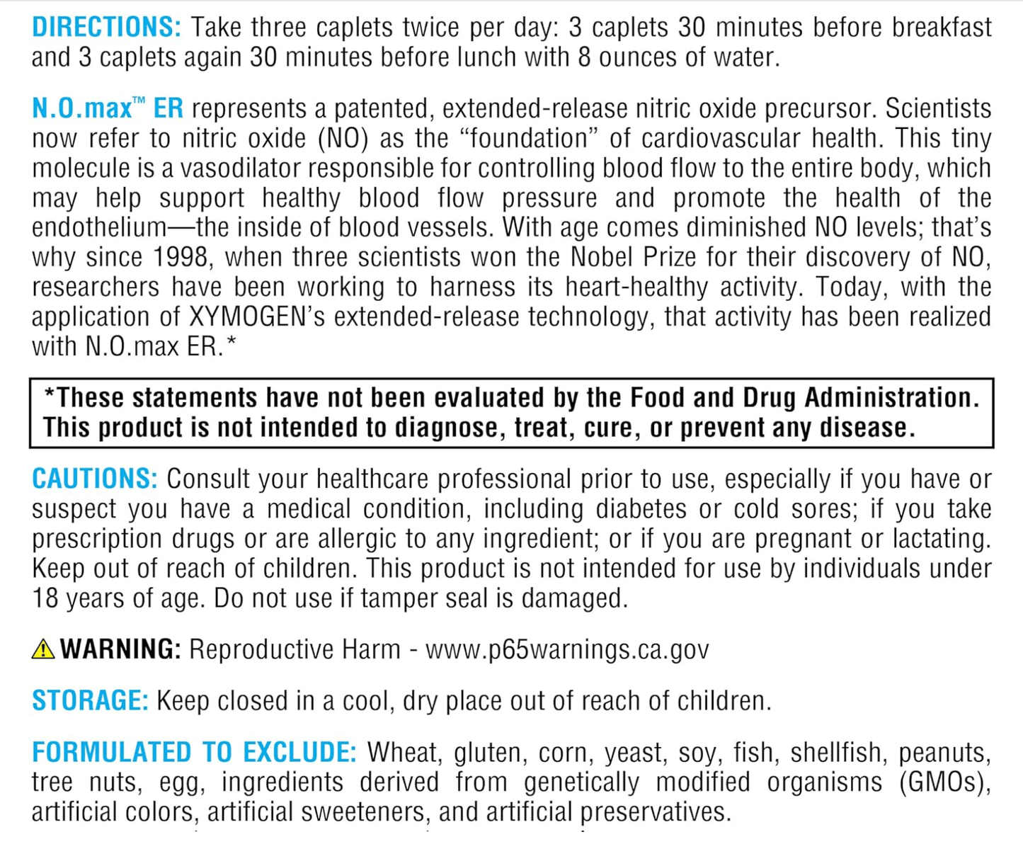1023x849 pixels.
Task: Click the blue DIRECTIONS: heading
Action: (106, 28)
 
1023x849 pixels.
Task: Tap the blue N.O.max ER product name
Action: (108, 108)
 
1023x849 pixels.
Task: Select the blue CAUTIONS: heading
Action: (95, 479)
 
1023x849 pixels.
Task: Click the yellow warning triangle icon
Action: (43, 649)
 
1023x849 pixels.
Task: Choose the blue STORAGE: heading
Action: (90, 701)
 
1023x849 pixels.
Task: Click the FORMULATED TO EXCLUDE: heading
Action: (194, 753)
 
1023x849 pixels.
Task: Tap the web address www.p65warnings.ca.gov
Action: (567, 649)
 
